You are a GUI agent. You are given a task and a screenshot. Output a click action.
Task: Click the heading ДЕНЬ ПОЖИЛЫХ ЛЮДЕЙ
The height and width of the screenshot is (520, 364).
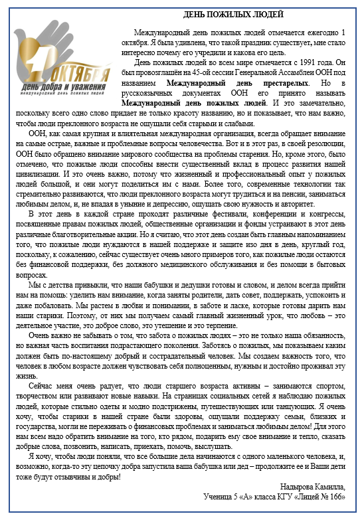click(234, 14)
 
